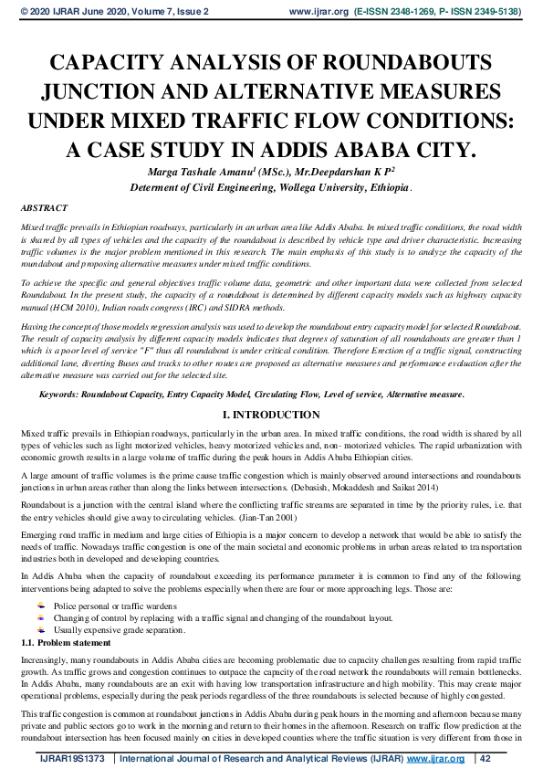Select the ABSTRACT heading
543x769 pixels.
tap(43, 208)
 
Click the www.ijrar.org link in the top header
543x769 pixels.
tap(318, 12)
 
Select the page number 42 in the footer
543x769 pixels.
tap(486, 759)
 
